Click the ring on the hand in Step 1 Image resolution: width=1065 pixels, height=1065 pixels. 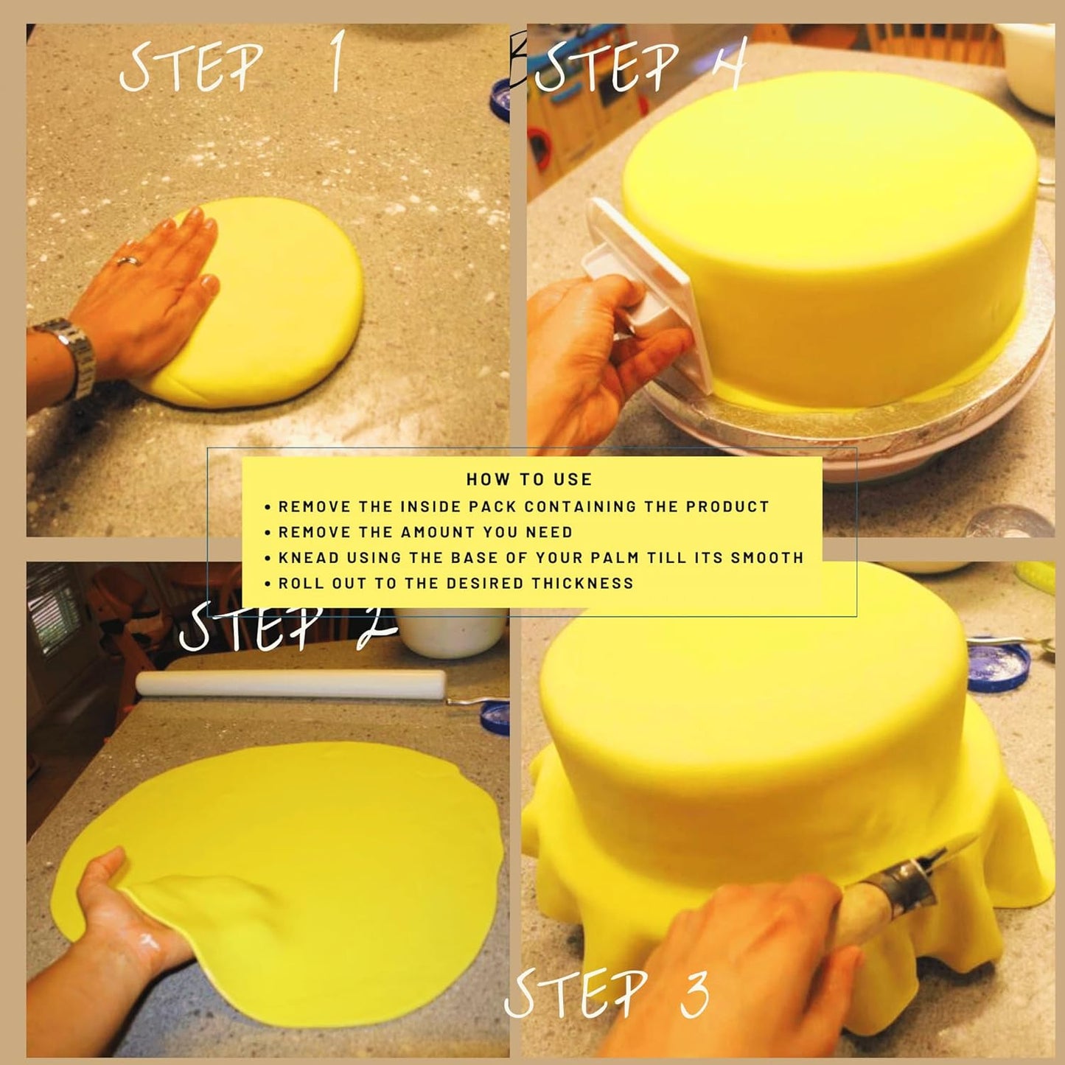coord(128,261)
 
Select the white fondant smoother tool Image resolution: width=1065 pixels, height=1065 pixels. coord(649,295)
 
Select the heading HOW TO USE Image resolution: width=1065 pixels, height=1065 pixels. coord(529,479)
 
